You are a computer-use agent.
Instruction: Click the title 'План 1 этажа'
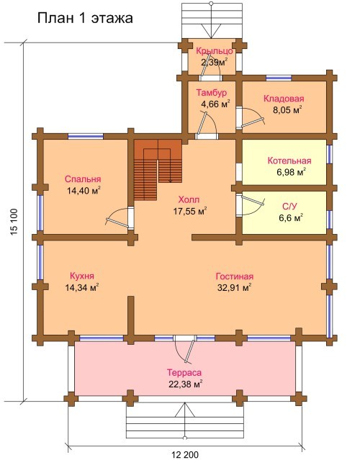tap(85, 18)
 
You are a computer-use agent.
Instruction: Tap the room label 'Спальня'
tap(83, 179)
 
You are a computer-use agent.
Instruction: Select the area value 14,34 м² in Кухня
tap(82, 287)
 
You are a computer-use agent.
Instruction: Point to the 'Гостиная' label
tap(235, 276)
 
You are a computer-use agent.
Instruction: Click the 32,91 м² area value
tap(235, 287)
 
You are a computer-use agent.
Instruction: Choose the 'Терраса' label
tap(184, 373)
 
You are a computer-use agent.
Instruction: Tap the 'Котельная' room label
tap(289, 161)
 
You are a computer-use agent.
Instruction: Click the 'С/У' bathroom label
tap(289, 207)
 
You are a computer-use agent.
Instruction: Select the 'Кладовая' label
tap(284, 99)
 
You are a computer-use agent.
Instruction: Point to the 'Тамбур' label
tap(212, 93)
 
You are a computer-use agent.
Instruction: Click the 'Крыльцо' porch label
tap(215, 51)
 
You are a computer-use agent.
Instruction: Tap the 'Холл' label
tap(189, 200)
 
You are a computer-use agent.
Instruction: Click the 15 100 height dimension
tap(14, 222)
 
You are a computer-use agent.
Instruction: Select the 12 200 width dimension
tap(185, 455)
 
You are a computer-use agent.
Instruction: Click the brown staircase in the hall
tap(158, 170)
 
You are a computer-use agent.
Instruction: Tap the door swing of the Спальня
tap(118, 217)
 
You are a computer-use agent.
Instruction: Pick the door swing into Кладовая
tap(252, 118)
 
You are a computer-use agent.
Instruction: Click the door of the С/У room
tap(253, 204)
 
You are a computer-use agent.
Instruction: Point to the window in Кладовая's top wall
tap(279, 78)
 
